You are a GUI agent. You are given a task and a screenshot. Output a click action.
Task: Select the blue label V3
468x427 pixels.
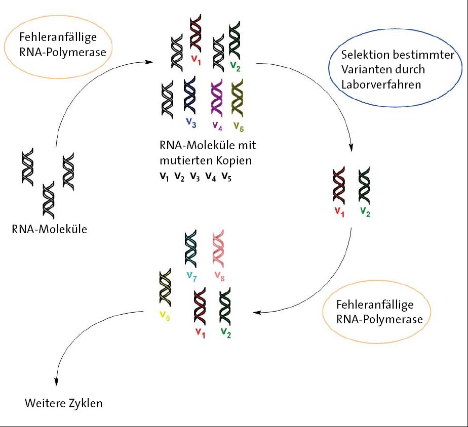pyautogui.click(x=190, y=122)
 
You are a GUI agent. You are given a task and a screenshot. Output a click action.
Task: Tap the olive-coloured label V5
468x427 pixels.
pyautogui.click(x=238, y=125)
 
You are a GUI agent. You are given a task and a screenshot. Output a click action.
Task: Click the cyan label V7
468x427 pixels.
pyautogui.click(x=191, y=276)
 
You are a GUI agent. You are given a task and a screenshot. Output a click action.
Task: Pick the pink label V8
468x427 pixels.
pyautogui.click(x=219, y=276)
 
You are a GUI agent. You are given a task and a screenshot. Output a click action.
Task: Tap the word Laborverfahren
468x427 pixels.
pyautogui.click(x=381, y=84)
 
